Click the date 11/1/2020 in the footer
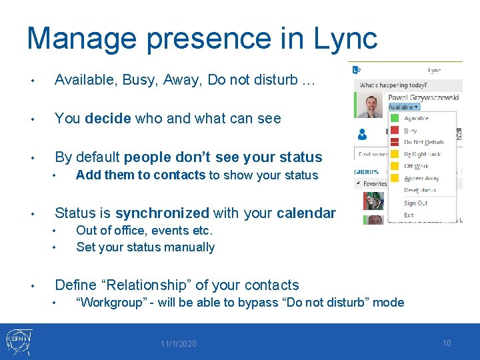point(178,344)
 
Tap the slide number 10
point(447,343)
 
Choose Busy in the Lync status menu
point(411,131)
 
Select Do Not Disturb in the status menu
point(423,143)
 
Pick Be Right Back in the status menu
point(422,155)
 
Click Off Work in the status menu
point(417,167)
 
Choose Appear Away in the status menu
point(422,179)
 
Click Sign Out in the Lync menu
point(415,203)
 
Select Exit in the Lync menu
point(409,215)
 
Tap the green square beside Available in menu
point(395,119)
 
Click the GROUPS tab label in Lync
point(367,171)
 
